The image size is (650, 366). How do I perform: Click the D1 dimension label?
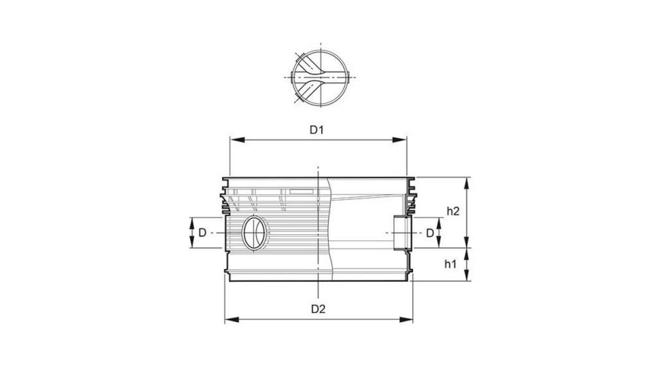click(x=317, y=130)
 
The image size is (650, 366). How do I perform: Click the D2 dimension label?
click(x=318, y=308)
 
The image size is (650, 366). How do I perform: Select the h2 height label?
click(x=452, y=211)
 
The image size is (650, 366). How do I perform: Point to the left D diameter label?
click(x=203, y=233)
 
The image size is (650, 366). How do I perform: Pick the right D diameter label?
click(x=430, y=233)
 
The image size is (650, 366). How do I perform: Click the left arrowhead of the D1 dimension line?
click(x=233, y=140)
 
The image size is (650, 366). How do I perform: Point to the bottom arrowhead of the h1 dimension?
click(x=467, y=277)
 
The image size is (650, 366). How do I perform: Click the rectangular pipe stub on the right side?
click(x=400, y=233)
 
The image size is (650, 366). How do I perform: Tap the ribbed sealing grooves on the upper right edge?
click(x=411, y=197)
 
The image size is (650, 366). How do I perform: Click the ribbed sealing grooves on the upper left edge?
click(x=225, y=197)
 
